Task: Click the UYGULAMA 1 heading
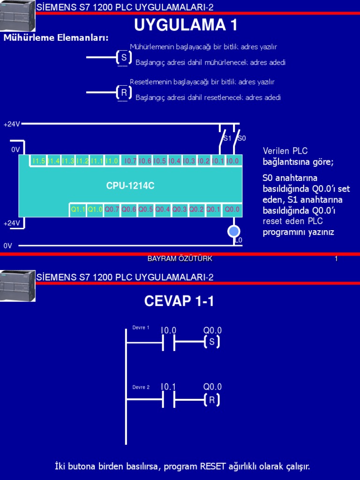click(x=186, y=25)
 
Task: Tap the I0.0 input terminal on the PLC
click(x=232, y=161)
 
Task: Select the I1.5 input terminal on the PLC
click(x=38, y=161)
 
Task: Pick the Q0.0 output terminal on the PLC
click(x=232, y=210)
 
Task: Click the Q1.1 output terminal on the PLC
click(x=78, y=210)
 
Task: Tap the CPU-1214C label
click(x=130, y=186)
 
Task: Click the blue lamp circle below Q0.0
click(x=233, y=231)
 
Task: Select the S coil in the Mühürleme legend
click(x=124, y=58)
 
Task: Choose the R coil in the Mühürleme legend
click(x=124, y=93)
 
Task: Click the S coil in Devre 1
click(x=212, y=342)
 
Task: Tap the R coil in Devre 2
click(x=212, y=400)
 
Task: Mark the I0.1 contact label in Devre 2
click(x=168, y=387)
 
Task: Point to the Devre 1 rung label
click(x=141, y=328)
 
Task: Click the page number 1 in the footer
click(x=336, y=259)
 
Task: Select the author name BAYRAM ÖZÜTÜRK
click(x=180, y=259)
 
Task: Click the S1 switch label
click(x=227, y=138)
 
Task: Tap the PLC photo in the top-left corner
click(x=17, y=15)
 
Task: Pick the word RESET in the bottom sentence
click(x=213, y=466)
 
